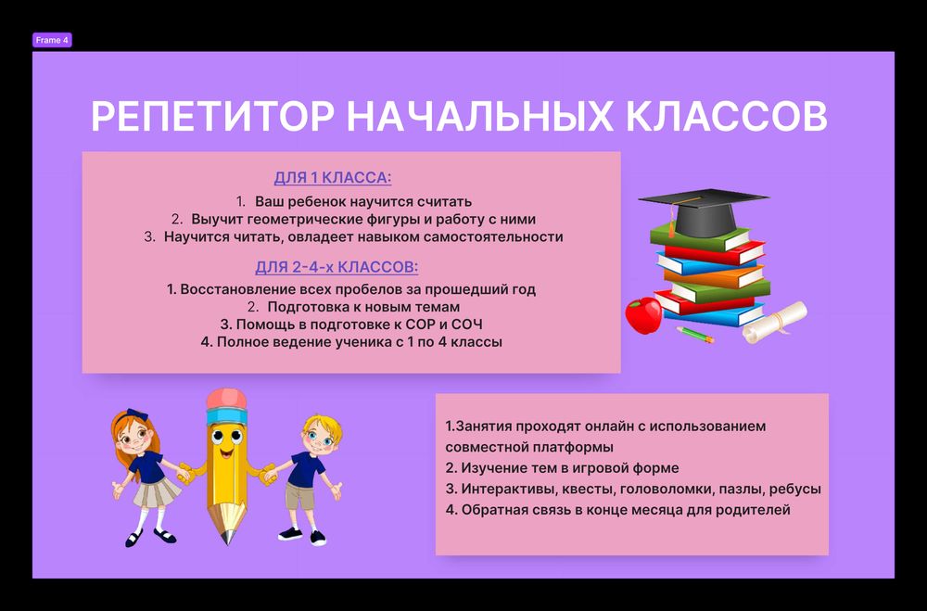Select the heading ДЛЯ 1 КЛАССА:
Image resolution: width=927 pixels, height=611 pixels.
(332, 178)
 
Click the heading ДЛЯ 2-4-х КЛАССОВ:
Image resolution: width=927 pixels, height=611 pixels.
(337, 267)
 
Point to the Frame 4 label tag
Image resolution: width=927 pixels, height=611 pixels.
(52, 40)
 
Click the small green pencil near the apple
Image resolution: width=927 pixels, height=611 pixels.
(694, 334)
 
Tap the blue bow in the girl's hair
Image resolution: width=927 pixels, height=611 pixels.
(137, 415)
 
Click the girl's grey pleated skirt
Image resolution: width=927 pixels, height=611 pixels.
(152, 492)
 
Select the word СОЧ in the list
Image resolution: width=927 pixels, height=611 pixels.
(463, 324)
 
